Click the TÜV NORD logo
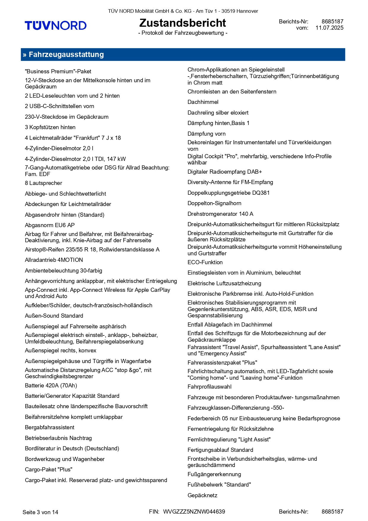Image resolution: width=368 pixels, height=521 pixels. click(55, 26)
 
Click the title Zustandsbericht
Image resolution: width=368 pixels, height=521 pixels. click(183, 23)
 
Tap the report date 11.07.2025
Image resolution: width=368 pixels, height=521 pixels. click(329, 28)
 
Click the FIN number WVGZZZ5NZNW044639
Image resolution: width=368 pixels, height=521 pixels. click(194, 512)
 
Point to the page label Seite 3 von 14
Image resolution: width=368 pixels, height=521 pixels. click(40, 512)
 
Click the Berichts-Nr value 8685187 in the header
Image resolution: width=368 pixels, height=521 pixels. click(332, 21)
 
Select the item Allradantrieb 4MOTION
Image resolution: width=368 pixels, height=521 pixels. click(54, 260)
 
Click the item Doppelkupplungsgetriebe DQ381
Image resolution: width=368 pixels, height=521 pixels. click(229, 193)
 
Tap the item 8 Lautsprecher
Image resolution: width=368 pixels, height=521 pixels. click(44, 183)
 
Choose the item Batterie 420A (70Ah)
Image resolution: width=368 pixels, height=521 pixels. click(51, 386)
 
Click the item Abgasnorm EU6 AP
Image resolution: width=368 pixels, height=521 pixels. click(50, 225)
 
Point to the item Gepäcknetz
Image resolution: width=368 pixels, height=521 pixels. click(202, 495)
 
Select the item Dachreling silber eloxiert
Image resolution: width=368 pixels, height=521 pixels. click(218, 113)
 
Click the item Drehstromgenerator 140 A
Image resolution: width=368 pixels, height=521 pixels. click(220, 214)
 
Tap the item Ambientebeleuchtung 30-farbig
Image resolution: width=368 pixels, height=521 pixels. click(64, 271)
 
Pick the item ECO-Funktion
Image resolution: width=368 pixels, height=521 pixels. click(205, 262)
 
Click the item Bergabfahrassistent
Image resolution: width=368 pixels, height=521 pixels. click(50, 427)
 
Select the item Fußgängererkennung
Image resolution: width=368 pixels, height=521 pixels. click(214, 474)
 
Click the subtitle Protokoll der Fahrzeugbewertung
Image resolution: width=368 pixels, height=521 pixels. click(183, 33)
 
